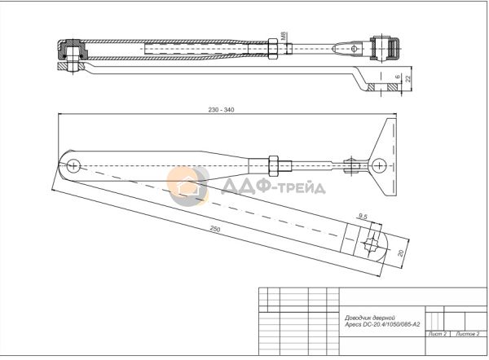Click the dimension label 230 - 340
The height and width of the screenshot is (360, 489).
pos(221,110)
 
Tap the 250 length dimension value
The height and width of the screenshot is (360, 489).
pos(215,230)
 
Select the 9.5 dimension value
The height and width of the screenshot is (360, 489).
pos(363,217)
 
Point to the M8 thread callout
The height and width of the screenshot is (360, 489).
pos(284,36)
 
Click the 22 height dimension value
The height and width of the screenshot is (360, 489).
pos(408,79)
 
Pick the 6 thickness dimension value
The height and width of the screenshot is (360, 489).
pos(398,77)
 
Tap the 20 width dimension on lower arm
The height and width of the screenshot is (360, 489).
pos(401,253)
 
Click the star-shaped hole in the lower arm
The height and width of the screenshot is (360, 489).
pos(371,244)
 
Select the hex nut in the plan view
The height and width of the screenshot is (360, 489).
pos(273,165)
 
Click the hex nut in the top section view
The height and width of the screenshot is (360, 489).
pos(272,49)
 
